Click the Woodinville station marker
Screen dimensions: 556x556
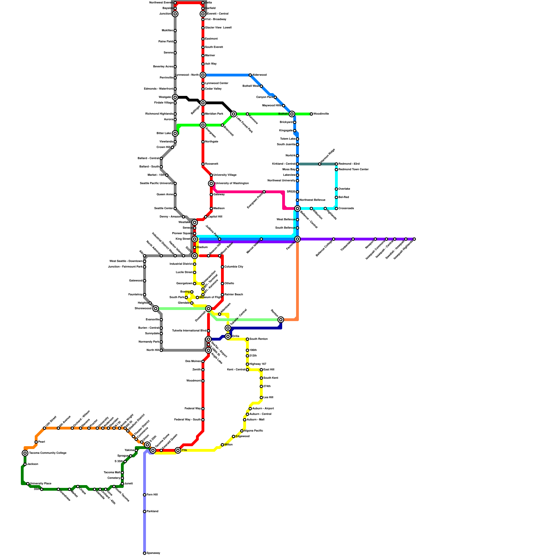click(x=311, y=114)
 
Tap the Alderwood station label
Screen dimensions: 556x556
click(x=260, y=75)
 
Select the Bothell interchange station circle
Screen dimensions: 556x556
click(x=292, y=114)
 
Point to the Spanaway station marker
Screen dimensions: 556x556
click(x=145, y=553)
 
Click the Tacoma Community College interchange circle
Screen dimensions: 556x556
click(x=25, y=453)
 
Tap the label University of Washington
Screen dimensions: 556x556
click(x=232, y=183)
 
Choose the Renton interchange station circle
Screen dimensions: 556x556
click(x=281, y=320)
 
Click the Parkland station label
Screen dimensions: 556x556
click(x=153, y=512)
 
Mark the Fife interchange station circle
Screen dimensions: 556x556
click(x=178, y=450)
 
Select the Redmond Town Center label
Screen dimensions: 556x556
click(x=353, y=170)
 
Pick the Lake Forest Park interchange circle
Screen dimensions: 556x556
click(x=234, y=114)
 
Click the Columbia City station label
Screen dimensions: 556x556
click(x=234, y=267)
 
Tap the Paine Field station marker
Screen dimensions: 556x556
click(x=175, y=42)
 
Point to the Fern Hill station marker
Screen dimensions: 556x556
click(x=145, y=495)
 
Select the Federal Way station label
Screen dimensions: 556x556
click(x=193, y=409)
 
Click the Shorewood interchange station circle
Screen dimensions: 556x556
click(x=156, y=309)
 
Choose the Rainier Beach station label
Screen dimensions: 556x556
click(x=234, y=295)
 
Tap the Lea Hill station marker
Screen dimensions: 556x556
click(x=261, y=398)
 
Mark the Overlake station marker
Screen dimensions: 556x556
click(x=336, y=189)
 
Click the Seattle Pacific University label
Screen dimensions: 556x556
click(x=156, y=183)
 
